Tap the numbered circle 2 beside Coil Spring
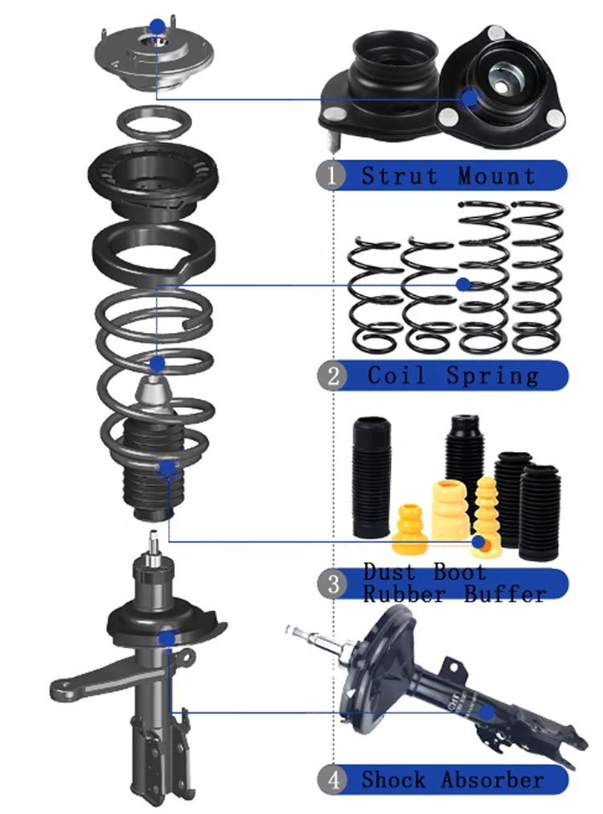[x=332, y=376]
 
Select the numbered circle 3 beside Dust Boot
[x=333, y=584]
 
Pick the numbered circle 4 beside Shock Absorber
[x=331, y=779]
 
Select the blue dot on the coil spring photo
[x=462, y=284]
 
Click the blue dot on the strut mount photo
[x=468, y=98]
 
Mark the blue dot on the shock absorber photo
[x=486, y=712]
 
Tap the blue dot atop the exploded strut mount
[x=158, y=27]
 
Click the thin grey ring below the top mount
[x=154, y=123]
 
